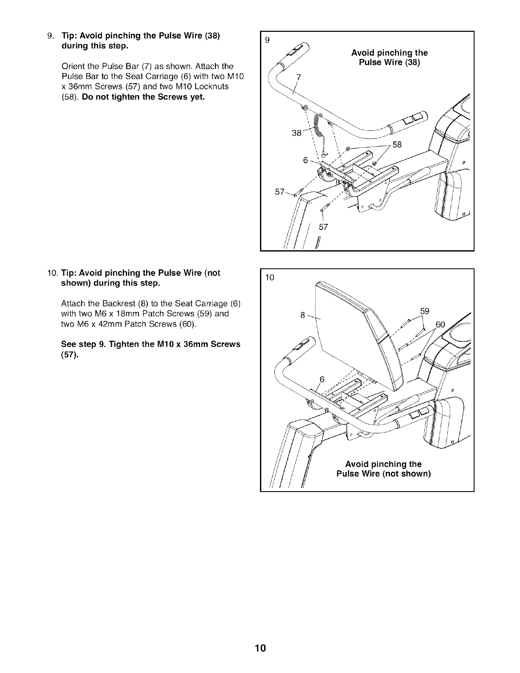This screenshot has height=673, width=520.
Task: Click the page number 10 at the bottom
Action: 260,648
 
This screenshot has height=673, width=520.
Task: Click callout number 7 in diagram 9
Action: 298,77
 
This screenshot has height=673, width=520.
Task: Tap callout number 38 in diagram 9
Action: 297,133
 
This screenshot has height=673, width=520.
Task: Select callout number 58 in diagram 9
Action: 397,144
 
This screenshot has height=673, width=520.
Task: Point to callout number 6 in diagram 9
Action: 305,160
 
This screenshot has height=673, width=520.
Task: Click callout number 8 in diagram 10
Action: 302,315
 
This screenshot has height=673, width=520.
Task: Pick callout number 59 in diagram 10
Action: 425,311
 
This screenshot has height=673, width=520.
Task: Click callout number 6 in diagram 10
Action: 322,379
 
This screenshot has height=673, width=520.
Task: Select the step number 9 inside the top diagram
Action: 267,40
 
